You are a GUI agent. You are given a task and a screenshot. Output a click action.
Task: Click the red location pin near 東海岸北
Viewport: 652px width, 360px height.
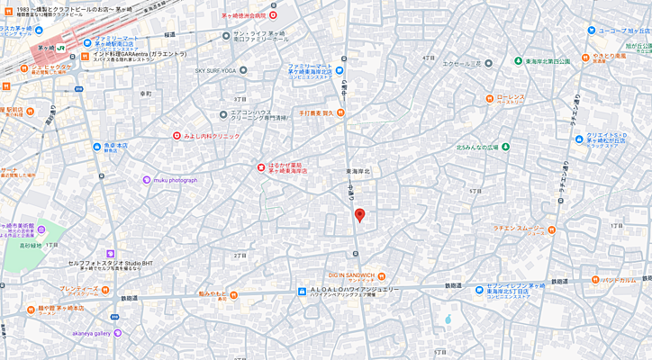point(359,215)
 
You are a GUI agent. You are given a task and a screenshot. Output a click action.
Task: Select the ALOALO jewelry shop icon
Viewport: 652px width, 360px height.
point(303,290)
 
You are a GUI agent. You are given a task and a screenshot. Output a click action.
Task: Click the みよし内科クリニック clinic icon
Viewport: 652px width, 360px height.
point(177,136)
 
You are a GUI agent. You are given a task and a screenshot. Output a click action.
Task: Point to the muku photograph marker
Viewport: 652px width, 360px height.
point(147,180)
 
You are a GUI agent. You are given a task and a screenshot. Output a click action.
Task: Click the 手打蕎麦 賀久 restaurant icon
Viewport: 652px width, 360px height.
point(340,112)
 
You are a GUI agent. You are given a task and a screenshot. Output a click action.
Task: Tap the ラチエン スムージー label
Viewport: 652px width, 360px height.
point(517,228)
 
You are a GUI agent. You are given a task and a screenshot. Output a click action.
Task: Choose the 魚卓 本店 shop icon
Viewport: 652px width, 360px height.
point(95,144)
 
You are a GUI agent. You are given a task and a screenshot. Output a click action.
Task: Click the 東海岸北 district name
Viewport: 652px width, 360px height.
point(363,171)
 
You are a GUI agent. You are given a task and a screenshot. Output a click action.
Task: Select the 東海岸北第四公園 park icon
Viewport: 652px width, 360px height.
point(518,61)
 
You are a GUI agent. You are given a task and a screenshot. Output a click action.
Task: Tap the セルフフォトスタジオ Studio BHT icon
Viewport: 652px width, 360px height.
point(111,254)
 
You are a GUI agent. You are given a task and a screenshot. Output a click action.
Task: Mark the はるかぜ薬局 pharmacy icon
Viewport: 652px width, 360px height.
point(259,166)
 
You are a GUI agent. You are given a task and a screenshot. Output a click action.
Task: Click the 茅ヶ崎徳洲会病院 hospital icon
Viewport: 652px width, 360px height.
point(273,15)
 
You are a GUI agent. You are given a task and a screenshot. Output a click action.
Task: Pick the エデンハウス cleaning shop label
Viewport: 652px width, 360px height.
point(258,114)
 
